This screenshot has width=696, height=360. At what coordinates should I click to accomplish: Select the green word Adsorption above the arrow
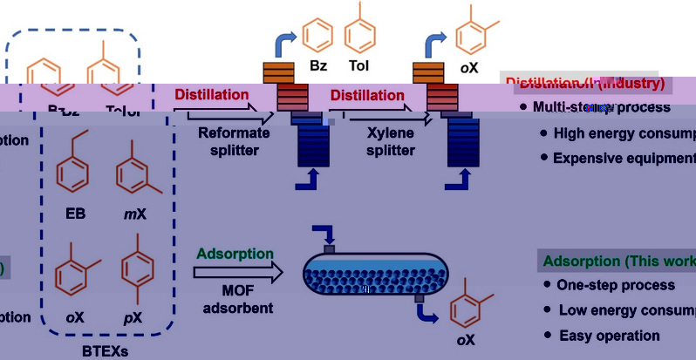[235, 254]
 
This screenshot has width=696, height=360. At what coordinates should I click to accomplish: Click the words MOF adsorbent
[235, 298]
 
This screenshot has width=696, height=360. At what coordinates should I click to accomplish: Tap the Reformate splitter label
[229, 141]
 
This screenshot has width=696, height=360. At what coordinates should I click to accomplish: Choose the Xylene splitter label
[378, 141]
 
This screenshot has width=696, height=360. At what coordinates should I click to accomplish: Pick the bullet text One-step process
[616, 285]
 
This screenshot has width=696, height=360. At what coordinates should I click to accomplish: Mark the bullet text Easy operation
[610, 335]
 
